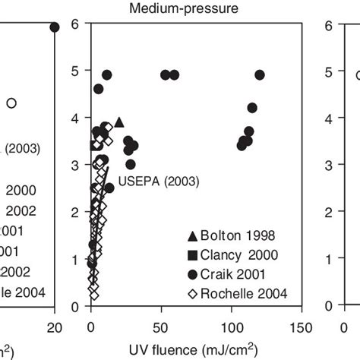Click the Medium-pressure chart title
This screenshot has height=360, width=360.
[x=197, y=8]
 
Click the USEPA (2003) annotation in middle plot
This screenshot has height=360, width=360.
[x=159, y=182]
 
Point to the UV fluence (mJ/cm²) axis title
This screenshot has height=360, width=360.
[x=197, y=349]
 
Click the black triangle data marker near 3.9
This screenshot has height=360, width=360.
[x=118, y=122]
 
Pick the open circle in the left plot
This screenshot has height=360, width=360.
[x=11, y=103]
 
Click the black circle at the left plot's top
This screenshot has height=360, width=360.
[x=55, y=27]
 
